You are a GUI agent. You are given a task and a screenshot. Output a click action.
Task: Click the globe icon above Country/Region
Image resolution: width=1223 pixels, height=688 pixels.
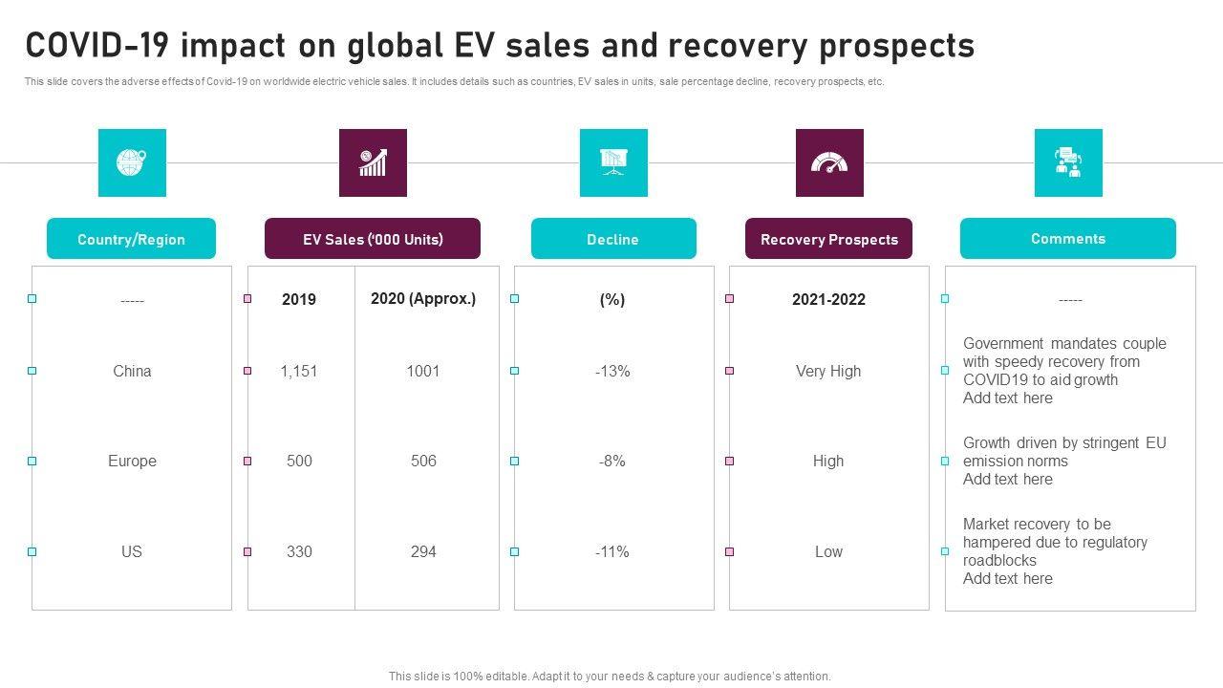click(x=132, y=162)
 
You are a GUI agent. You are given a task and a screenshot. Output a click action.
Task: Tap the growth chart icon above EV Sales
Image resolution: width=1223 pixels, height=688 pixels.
click(x=373, y=162)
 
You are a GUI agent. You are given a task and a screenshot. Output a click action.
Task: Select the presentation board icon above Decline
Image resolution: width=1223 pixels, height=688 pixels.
click(x=613, y=162)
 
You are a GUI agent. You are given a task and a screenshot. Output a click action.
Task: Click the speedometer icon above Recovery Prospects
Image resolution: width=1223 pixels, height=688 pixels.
click(x=829, y=162)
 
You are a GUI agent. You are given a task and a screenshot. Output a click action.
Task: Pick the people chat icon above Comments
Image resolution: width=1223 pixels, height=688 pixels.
click(x=1068, y=162)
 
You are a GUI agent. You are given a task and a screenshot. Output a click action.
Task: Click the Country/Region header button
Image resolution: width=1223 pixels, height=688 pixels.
click(x=132, y=239)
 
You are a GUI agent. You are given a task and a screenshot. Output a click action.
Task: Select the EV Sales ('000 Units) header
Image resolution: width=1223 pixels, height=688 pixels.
click(x=373, y=239)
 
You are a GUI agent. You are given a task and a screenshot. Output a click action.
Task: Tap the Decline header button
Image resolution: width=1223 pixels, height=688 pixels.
click(x=613, y=239)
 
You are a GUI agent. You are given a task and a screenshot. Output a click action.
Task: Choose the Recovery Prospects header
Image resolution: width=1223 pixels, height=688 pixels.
click(x=829, y=239)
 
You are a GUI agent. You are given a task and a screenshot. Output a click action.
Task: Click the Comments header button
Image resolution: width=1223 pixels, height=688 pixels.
click(x=1068, y=239)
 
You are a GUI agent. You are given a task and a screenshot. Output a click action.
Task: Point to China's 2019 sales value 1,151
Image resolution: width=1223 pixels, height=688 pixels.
click(x=299, y=371)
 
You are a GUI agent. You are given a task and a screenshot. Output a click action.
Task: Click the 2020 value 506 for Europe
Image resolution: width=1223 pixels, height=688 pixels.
click(x=423, y=461)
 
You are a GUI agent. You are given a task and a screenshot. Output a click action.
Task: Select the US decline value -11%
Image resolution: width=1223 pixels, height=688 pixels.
click(x=612, y=551)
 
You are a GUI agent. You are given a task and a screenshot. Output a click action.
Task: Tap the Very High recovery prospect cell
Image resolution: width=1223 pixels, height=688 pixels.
click(x=828, y=371)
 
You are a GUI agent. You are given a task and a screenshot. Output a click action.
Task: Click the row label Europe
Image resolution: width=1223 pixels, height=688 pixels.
click(x=132, y=461)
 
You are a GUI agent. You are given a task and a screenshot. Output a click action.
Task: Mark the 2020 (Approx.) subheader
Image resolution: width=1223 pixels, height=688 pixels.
click(x=423, y=298)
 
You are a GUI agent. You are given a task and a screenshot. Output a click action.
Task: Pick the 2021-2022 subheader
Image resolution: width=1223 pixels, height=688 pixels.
click(x=828, y=299)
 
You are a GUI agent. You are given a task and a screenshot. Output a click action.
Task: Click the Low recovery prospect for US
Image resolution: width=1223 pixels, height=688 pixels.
click(x=828, y=551)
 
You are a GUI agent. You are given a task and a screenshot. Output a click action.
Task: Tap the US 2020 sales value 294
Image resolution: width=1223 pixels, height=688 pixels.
click(x=423, y=551)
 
